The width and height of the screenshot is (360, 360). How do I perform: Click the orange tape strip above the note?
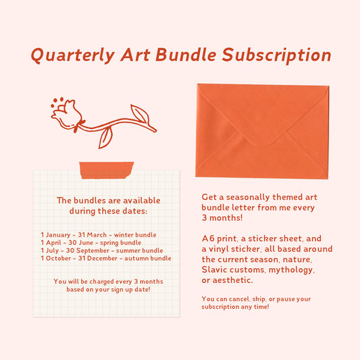point(107,170)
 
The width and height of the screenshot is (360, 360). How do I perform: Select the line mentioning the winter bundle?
point(99,235)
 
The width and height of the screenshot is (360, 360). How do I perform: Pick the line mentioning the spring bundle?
point(91,242)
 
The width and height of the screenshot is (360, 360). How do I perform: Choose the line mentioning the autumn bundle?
point(106,258)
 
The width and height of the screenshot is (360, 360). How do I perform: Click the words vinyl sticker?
point(237,249)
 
